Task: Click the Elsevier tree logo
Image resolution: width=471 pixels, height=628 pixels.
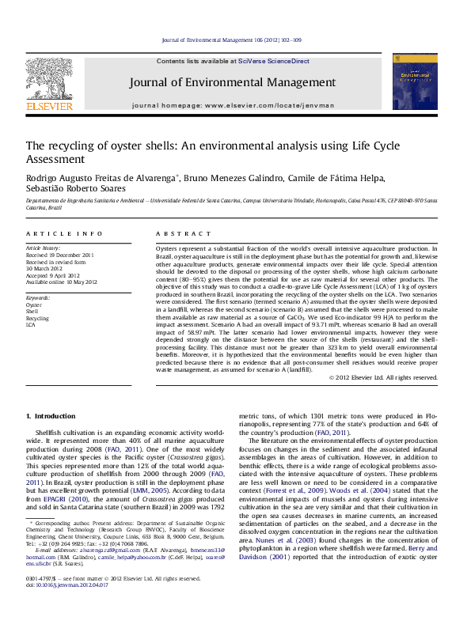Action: [x=50, y=83]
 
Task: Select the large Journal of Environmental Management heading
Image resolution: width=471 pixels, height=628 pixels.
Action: [x=233, y=82]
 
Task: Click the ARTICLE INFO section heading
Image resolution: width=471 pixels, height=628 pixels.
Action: [x=65, y=234]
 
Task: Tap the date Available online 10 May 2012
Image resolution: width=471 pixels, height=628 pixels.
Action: [x=62, y=282]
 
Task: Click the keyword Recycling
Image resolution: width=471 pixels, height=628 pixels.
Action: [x=37, y=318]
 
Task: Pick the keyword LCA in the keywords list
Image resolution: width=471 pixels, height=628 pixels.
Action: [x=31, y=324]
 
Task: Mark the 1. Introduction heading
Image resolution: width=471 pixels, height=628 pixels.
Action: [x=51, y=415]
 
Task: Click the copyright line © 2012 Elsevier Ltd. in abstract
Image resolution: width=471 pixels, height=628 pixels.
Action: [x=383, y=377]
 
